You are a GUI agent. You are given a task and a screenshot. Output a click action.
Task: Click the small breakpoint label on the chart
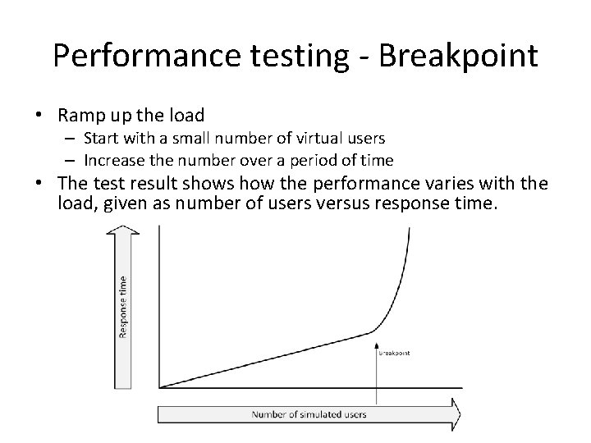tap(394, 353)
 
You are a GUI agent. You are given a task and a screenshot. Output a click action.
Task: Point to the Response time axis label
tap(123, 305)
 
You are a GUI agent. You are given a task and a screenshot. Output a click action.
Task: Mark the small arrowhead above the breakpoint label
tap(377, 344)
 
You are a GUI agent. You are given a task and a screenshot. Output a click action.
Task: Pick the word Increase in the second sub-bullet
tap(112, 159)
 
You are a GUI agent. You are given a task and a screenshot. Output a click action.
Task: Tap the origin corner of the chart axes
tap(158, 387)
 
